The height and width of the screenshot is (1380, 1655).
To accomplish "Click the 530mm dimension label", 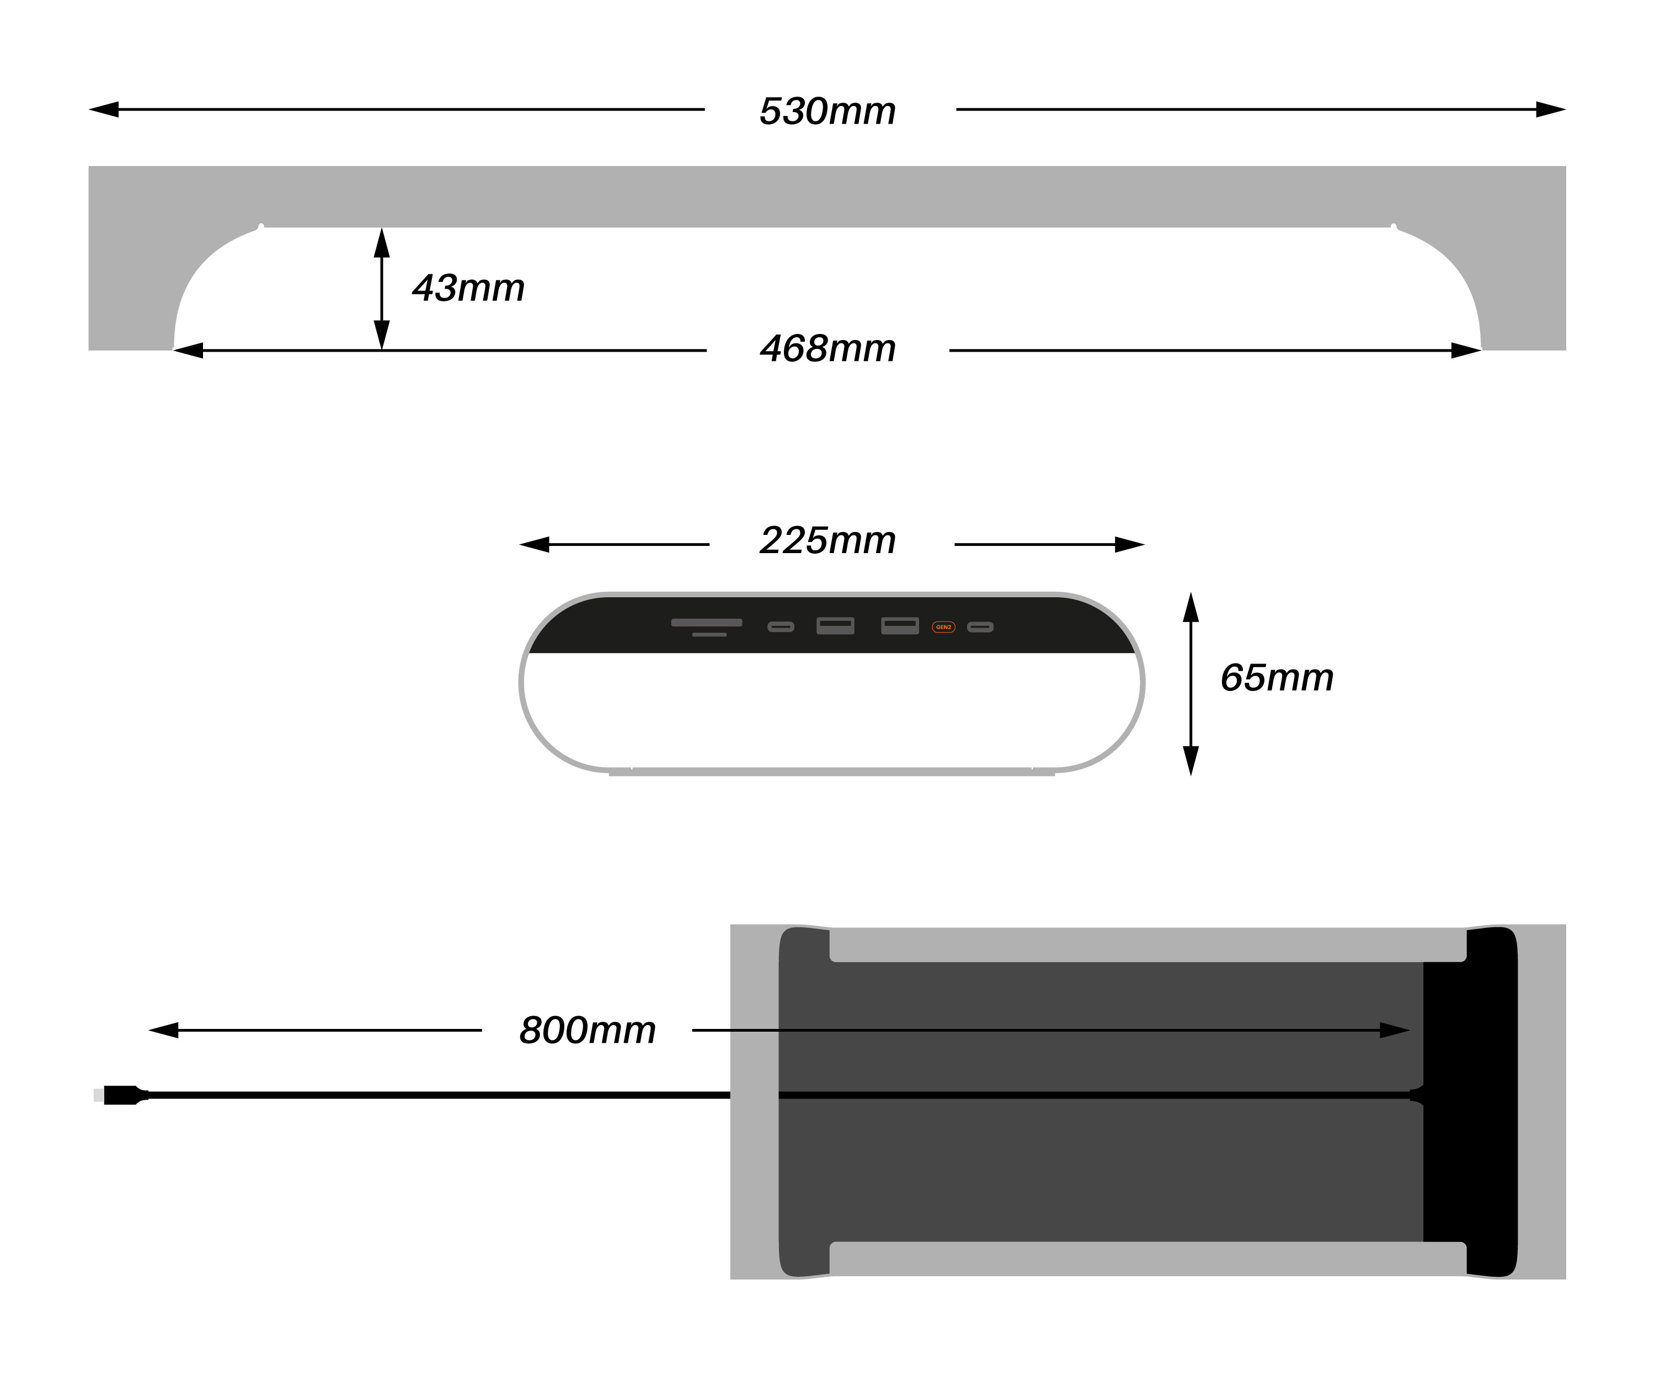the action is click(x=827, y=111).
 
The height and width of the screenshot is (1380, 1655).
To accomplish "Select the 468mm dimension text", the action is click(x=827, y=348).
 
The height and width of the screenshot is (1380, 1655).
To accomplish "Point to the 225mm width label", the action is click(x=827, y=541).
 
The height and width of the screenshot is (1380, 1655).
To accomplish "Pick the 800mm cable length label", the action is click(x=587, y=1030).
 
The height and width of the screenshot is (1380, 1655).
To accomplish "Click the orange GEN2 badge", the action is click(x=943, y=627).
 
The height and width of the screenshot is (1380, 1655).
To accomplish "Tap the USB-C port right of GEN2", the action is click(x=980, y=627).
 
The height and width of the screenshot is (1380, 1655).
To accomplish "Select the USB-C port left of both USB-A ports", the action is click(x=780, y=627).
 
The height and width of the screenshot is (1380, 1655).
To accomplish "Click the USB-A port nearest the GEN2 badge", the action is click(x=899, y=625).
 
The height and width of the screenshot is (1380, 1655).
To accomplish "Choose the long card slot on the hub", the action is click(x=706, y=622).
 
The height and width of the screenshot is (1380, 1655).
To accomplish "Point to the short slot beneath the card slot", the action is click(x=709, y=635).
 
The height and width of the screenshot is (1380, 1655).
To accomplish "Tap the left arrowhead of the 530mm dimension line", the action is click(x=103, y=110).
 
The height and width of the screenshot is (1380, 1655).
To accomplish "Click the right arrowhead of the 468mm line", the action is click(x=1466, y=350).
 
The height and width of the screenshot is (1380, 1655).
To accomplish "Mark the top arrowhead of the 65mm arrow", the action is click(x=1191, y=607).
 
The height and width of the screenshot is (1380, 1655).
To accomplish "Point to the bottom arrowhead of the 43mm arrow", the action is click(x=381, y=335).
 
